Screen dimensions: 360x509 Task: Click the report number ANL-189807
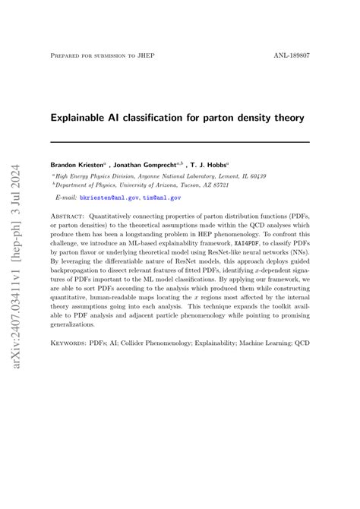click(291, 55)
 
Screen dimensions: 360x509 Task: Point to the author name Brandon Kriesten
click(78, 164)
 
